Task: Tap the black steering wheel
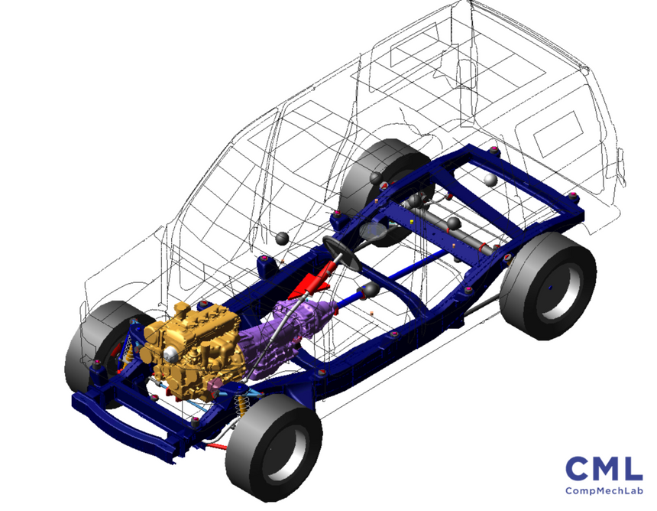click(341, 253)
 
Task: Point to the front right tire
click(274, 447)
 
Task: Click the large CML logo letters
click(604, 469)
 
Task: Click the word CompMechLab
click(604, 490)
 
